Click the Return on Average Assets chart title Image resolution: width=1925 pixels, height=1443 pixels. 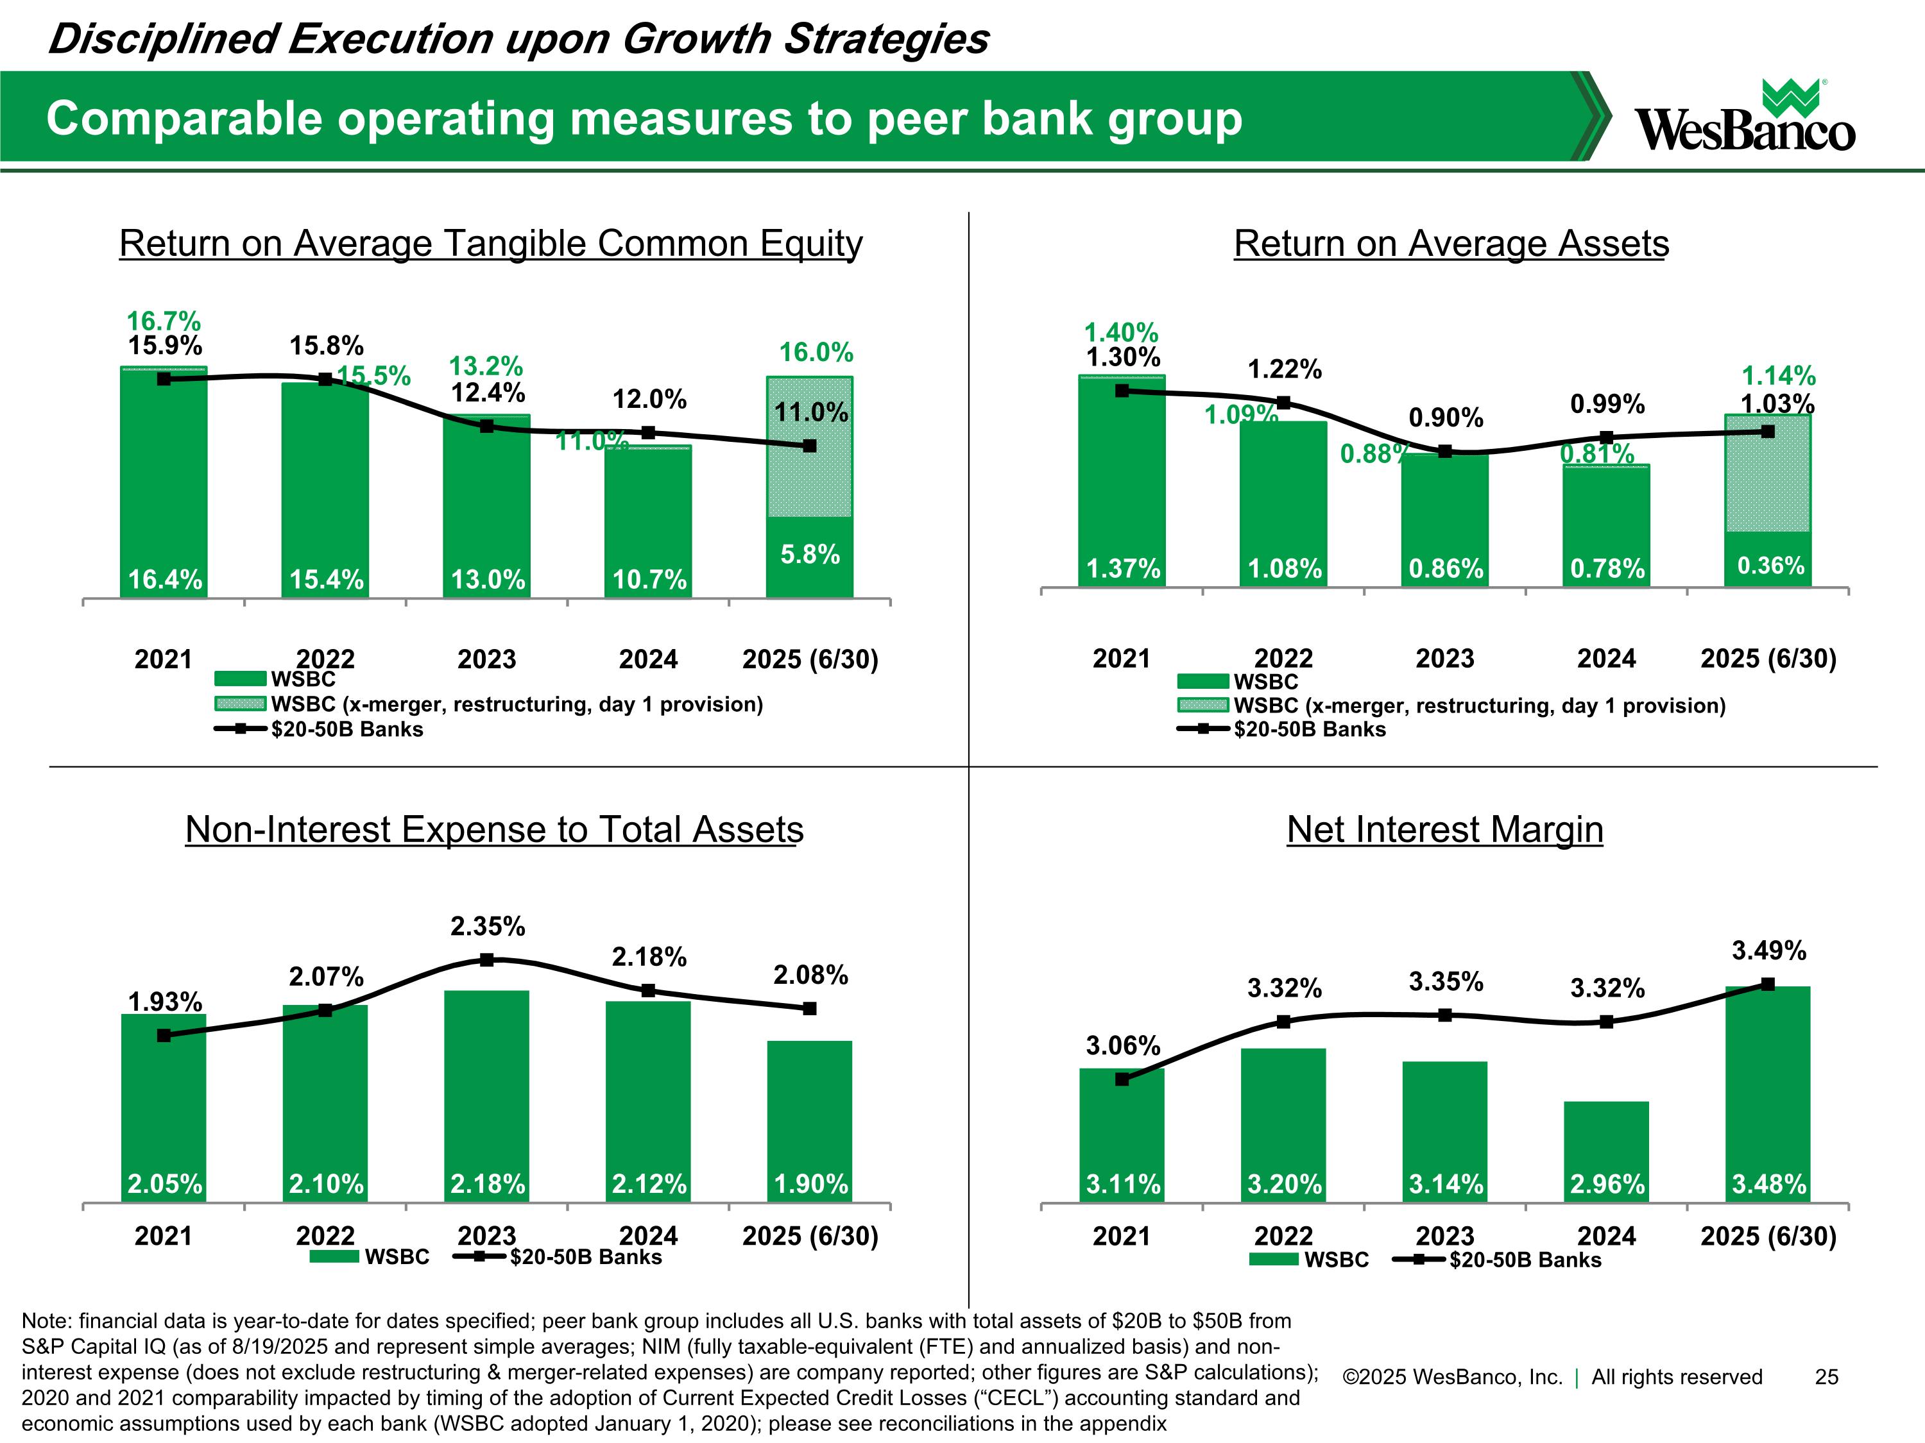(1451, 244)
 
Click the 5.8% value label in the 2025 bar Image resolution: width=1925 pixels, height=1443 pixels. (809, 554)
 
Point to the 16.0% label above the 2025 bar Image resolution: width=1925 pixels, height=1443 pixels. (816, 352)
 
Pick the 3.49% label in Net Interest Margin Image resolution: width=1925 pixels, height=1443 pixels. (1768, 950)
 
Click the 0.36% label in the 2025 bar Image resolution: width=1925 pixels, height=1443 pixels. (1770, 566)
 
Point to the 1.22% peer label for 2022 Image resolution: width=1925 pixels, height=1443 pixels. (1285, 369)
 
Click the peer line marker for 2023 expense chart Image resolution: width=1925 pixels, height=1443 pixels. (487, 960)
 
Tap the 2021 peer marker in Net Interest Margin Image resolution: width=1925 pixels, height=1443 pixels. (1122, 1079)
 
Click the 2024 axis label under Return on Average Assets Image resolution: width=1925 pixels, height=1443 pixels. (1607, 659)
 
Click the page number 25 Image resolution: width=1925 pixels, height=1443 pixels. (1826, 1377)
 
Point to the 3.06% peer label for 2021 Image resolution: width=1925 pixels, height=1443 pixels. (1123, 1045)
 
